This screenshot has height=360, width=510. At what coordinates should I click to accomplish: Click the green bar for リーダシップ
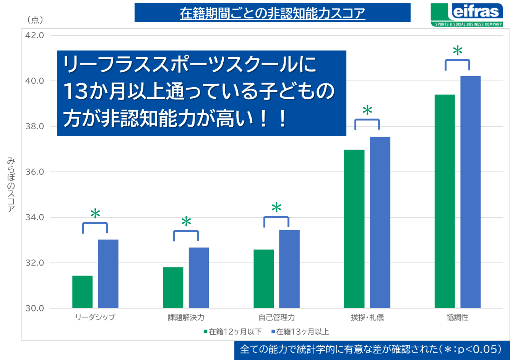pos(82,292)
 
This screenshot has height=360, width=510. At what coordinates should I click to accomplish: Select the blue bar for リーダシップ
pos(108,274)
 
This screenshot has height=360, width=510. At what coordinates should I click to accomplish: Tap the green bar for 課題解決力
pos(173,287)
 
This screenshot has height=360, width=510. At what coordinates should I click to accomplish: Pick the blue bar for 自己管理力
pos(289,269)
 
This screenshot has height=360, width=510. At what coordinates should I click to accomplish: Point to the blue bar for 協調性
pos(470,192)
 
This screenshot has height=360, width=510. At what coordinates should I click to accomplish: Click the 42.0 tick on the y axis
pos(34,35)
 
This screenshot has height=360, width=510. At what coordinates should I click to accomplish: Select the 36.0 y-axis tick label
pos(34,172)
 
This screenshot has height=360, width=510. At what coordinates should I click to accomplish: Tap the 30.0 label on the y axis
pos(34,308)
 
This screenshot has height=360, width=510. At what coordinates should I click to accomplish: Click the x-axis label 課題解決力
pos(186,318)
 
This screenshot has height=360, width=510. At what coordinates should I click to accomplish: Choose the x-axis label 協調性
pos(458,318)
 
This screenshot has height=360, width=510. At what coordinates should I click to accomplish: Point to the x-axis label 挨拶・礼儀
pos(367,318)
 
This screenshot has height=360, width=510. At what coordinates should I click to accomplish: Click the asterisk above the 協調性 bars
pos(458,50)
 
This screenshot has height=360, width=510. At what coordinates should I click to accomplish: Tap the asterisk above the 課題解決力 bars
pos(186,222)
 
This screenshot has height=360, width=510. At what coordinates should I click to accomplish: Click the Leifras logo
pos(467,15)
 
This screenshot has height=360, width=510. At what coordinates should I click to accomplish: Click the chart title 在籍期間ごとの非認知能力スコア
pos(273,13)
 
